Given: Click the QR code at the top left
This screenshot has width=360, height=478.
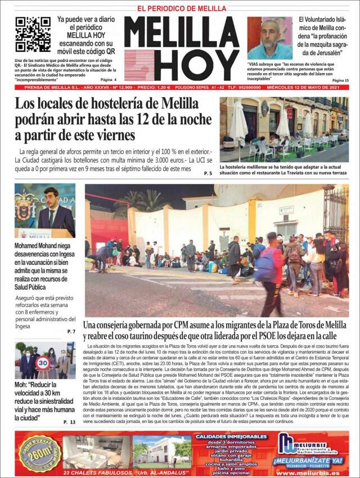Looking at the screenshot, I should pyautogui.click(x=33, y=34).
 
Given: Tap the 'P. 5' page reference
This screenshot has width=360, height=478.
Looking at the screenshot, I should pyautogui.click(x=208, y=173).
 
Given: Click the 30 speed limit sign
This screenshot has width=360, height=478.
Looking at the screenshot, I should pyautogui.click(x=42, y=363).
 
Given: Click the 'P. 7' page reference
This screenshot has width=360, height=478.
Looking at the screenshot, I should pyautogui.click(x=71, y=331).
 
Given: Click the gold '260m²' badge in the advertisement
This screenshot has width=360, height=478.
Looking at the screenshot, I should pyautogui.click(x=38, y=453).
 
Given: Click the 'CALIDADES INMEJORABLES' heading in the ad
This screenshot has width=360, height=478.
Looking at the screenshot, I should pyautogui.click(x=231, y=436).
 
